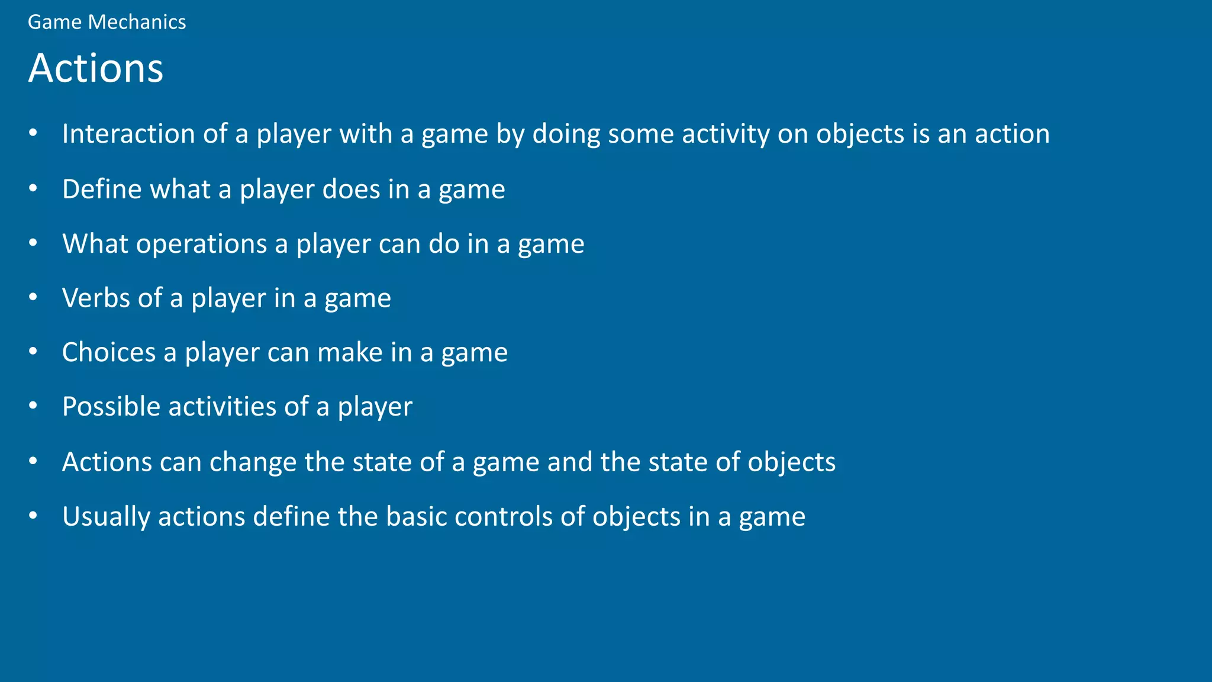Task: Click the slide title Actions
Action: pyautogui.click(x=95, y=68)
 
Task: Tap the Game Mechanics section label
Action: pyautogui.click(x=107, y=22)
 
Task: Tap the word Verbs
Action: pyautogui.click(x=96, y=298)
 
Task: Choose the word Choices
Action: pyautogui.click(x=109, y=352)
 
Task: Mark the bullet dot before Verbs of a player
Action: pyautogui.click(x=33, y=297)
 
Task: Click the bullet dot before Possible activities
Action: pyautogui.click(x=33, y=406)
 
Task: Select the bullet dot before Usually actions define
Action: pyautogui.click(x=33, y=516)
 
